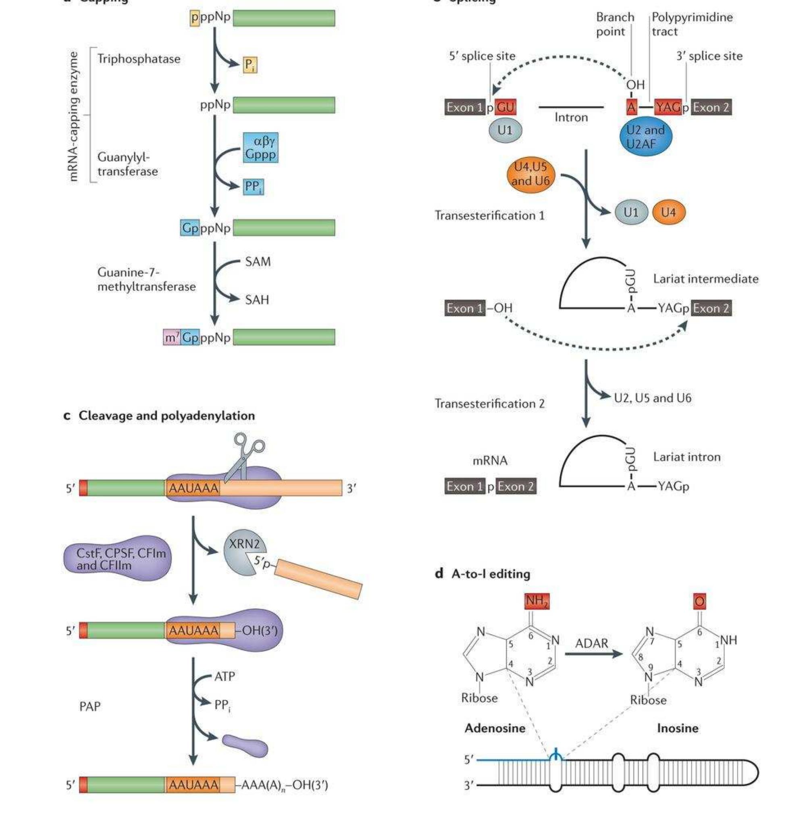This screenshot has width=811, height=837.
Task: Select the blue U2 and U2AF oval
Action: pos(646,137)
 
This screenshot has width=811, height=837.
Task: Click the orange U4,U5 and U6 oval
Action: pos(530,174)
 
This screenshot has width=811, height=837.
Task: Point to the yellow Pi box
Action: pos(250,65)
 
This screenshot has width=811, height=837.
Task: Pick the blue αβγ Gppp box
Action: pos(260,148)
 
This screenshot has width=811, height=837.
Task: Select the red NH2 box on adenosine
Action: pos(537,601)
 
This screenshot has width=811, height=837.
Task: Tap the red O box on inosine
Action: pos(700,602)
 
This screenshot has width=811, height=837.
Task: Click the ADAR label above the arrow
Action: pos(591,643)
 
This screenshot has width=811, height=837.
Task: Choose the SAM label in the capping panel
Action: pos(258,261)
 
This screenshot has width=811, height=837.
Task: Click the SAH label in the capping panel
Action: pos(257,300)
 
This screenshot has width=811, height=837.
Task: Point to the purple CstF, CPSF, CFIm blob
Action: pos(117,558)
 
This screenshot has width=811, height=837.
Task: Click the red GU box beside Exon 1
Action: pos(505,107)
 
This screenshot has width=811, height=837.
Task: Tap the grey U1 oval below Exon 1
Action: pos(505,130)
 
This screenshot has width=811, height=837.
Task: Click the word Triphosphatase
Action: pos(139,58)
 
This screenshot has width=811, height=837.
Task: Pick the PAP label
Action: pos(90,707)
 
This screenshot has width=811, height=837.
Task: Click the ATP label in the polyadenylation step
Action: pos(224,677)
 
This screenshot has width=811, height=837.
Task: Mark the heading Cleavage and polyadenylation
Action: pos(166,416)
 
